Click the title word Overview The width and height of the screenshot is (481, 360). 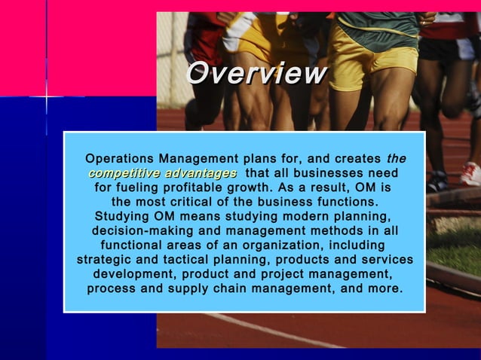[256, 74]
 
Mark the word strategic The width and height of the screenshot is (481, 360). [106, 260]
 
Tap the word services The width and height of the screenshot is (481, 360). [385, 260]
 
